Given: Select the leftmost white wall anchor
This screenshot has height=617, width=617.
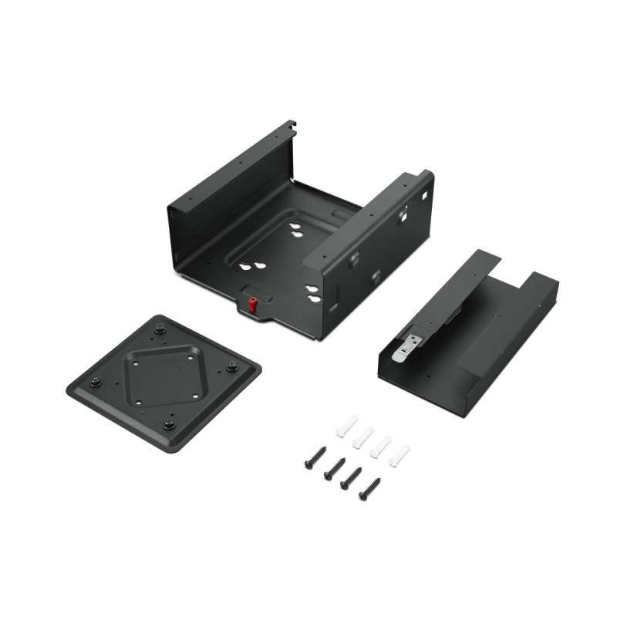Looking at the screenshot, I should coord(346,426).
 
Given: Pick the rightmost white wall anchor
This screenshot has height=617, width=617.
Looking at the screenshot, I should coord(399,455).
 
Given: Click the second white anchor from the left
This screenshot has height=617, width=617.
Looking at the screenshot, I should coord(363,437).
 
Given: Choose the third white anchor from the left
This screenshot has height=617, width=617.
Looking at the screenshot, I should coord(380,447).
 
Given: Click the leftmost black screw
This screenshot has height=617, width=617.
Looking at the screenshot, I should coord(315,458).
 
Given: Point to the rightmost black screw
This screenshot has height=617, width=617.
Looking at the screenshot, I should coord(369,489).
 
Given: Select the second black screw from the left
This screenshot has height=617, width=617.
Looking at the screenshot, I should coord(334,468).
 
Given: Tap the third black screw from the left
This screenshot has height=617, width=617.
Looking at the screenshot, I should coord(351,478).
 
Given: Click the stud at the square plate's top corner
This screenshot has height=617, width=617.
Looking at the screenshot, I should coord(160,329).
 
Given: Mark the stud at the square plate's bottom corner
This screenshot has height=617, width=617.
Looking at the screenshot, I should coord(169,423).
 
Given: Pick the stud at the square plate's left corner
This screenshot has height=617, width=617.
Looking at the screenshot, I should coord(96,383).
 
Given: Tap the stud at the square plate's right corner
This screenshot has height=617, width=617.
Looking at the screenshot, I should coord(231,366).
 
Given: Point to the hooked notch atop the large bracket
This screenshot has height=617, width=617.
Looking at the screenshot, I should coord(291,126).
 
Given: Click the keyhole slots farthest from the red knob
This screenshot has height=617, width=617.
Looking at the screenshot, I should coord(296,228).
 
